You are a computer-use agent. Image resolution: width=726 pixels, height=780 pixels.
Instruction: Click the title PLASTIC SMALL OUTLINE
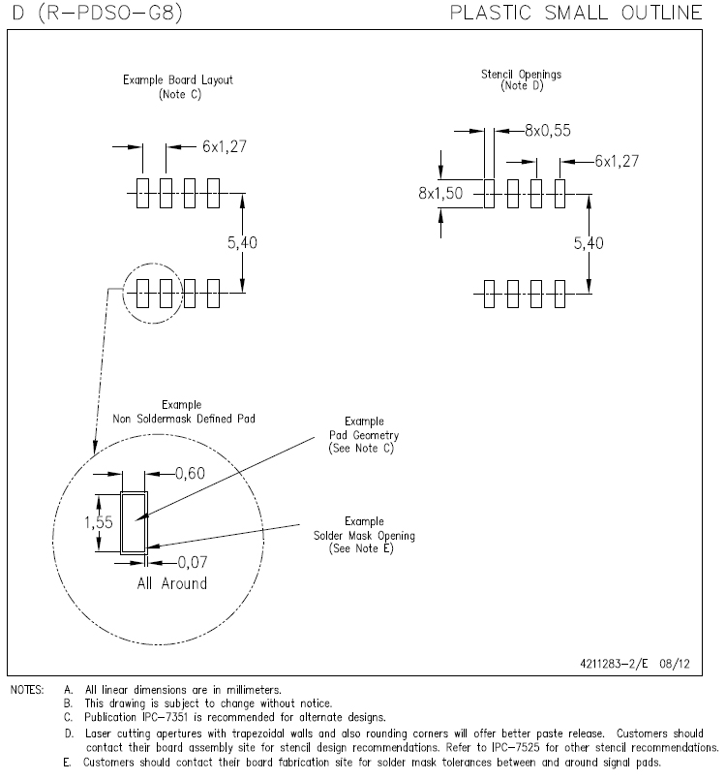[577, 14]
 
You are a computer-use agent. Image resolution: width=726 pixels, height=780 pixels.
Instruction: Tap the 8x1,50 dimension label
[440, 193]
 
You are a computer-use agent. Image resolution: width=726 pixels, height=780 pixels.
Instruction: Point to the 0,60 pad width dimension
[190, 474]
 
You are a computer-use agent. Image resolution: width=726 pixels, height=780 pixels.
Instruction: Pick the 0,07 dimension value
[193, 561]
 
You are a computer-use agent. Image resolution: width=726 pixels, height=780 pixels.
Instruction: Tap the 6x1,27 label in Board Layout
[227, 146]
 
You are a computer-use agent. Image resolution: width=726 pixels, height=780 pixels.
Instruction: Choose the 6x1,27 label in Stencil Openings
[617, 161]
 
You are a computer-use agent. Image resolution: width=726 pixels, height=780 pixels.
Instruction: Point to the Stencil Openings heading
[522, 74]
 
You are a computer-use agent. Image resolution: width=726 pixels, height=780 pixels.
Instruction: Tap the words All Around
[171, 583]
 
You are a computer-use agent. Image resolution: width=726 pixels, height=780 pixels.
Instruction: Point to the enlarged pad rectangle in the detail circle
[133, 521]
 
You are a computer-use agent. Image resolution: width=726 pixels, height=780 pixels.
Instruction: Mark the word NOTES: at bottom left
[27, 690]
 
